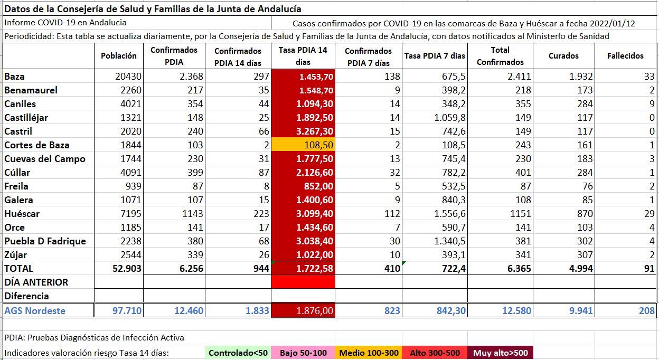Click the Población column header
[x=118, y=55]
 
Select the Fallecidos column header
[x=625, y=55]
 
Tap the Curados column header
[x=563, y=55]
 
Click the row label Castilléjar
[x=26, y=118]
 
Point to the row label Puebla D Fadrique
[x=45, y=241]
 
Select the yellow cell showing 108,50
[x=303, y=145]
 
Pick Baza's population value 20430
[x=128, y=77]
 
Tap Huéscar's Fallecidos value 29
[x=648, y=214]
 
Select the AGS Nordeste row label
[x=35, y=310]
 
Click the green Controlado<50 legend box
[x=238, y=353]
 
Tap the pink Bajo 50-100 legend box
[x=303, y=353]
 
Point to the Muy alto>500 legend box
[x=500, y=353]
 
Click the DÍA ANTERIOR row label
[x=36, y=282]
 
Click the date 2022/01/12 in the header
[x=612, y=23]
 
